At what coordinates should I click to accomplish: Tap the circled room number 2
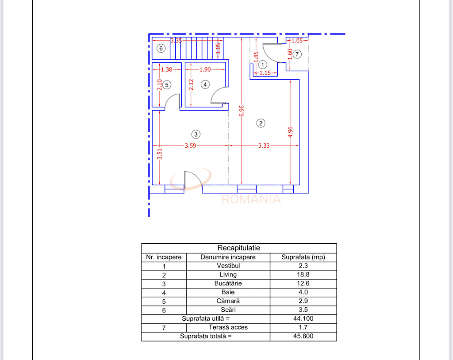click(261, 123)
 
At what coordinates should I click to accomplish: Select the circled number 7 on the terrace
click(297, 54)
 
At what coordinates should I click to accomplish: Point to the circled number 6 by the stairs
click(161, 48)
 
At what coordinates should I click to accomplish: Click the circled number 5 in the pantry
click(167, 84)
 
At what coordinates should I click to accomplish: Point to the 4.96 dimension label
click(290, 135)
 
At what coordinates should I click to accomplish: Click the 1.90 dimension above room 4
click(206, 69)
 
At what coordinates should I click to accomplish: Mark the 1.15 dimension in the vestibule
click(265, 73)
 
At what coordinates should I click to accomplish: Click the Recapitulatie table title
click(239, 248)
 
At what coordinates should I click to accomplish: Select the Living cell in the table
click(228, 275)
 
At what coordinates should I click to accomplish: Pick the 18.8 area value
click(303, 275)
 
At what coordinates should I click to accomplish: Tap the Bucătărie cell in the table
click(228, 283)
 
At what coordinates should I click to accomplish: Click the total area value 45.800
click(303, 336)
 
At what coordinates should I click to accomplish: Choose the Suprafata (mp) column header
click(303, 257)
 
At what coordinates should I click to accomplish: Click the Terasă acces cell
click(228, 327)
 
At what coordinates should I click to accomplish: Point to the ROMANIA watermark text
click(251, 199)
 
